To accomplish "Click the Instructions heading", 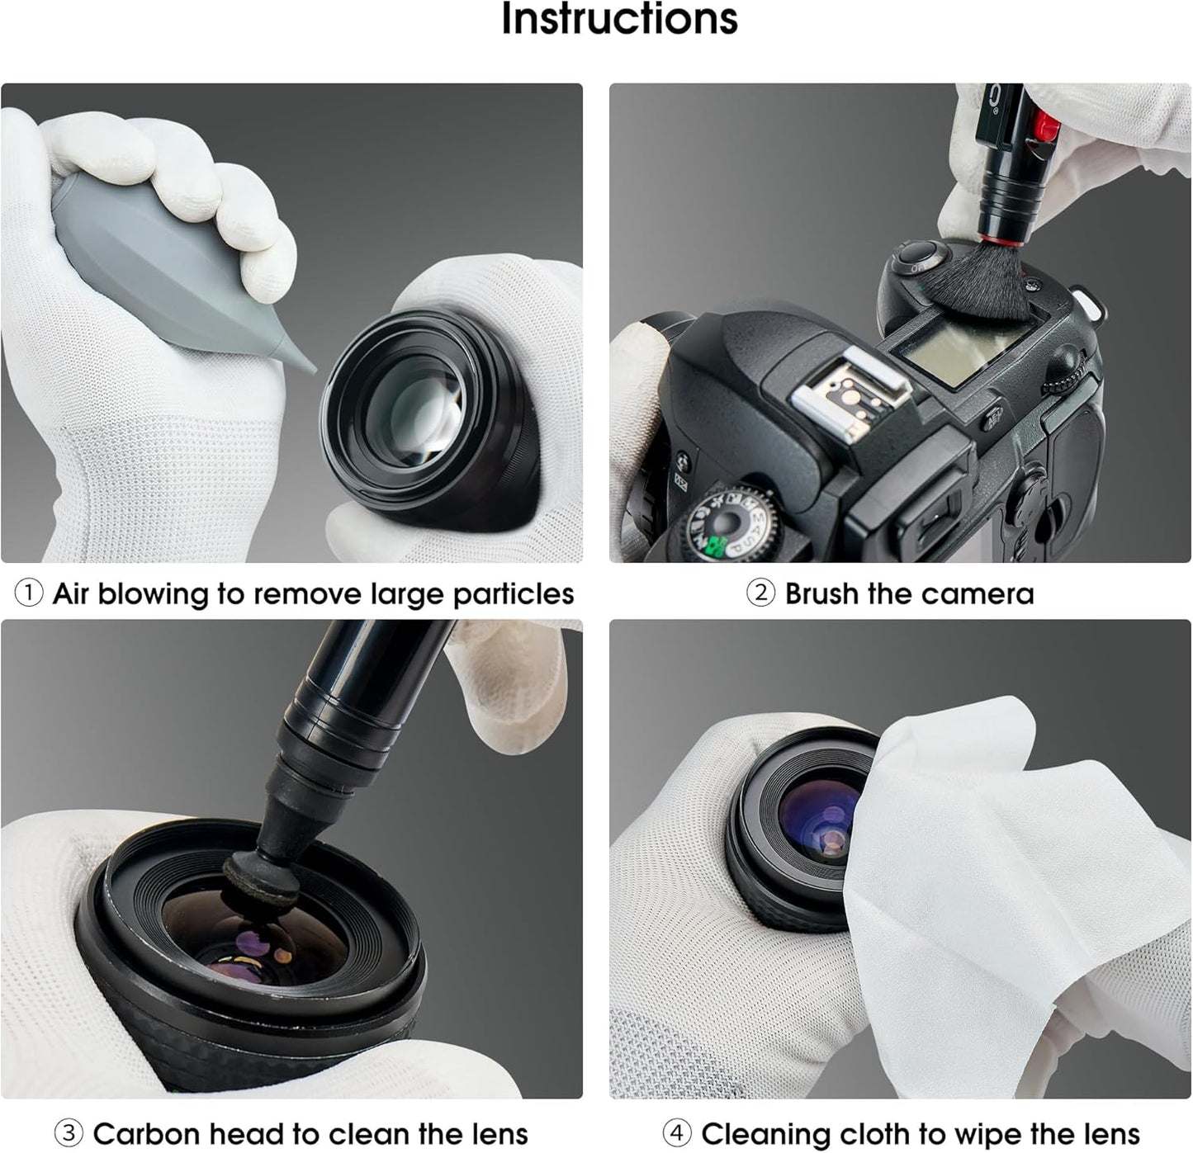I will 619,20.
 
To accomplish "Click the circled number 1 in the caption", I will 29,593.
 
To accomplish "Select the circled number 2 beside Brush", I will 760,593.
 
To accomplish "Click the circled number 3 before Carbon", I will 69,1133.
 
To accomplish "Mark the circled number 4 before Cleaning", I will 677,1133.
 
